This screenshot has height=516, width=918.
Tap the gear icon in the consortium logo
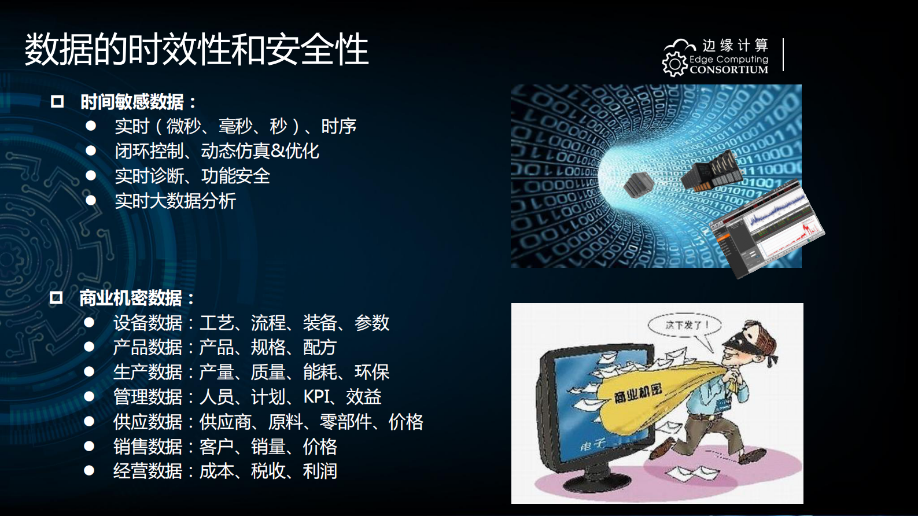pos(674,64)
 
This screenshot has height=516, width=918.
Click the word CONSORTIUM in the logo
pos(729,70)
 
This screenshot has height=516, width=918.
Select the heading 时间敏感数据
pos(132,102)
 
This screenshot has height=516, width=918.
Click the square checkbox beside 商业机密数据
pos(56,298)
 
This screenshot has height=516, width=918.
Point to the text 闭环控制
pos(149,151)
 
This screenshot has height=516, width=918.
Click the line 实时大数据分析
pos(175,201)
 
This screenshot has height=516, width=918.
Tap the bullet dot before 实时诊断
pos(91,175)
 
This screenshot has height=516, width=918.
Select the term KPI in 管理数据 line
pos(316,397)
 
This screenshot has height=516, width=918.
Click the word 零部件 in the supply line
pos(346,422)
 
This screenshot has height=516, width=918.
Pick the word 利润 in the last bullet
pos(320,471)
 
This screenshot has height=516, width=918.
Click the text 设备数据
pos(148,323)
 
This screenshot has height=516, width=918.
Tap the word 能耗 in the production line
pos(320,372)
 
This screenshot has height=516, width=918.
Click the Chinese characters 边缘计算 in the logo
pos(735,45)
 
